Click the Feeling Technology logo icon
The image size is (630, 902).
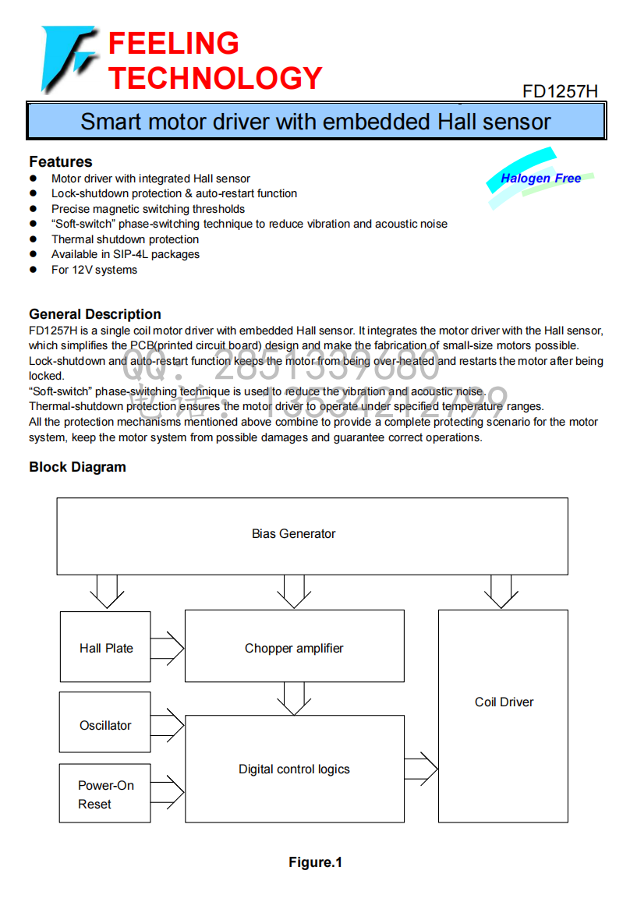[x=68, y=58]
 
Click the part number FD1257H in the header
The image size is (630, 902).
[x=560, y=91]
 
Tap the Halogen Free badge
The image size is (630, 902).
[x=540, y=179]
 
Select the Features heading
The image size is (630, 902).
[x=60, y=161]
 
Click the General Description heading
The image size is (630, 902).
[x=95, y=314]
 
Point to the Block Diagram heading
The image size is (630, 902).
[x=78, y=467]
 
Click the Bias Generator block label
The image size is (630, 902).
[x=293, y=534]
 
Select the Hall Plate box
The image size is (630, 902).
[x=105, y=646]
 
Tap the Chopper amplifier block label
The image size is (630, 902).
[x=294, y=649]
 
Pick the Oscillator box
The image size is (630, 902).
[x=104, y=722]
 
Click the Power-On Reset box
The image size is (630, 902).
[x=104, y=794]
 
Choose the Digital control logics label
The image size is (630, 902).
[x=294, y=769]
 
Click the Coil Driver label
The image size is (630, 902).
[x=504, y=702]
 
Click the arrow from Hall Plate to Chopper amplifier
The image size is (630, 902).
[x=168, y=649]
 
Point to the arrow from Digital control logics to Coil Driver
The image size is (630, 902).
[x=421, y=769]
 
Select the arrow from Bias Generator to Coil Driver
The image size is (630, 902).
[x=501, y=592]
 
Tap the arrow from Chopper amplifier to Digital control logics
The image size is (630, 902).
[x=294, y=699]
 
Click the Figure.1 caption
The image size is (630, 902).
[x=315, y=862]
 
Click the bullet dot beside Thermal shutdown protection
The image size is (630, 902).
[x=34, y=239]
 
